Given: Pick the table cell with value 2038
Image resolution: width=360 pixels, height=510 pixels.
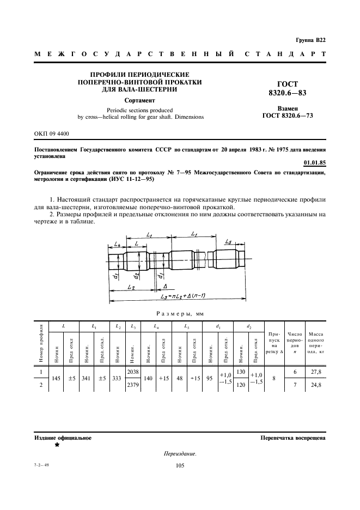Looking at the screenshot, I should pos(132,372).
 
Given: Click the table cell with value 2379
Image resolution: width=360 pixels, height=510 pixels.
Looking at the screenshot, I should pos(132,385).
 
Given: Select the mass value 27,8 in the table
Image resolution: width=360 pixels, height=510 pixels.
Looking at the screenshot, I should pos(313,372).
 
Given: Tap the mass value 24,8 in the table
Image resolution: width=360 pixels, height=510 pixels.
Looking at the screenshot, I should pos(313,385).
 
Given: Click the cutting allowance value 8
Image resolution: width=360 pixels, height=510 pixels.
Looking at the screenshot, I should pos(274,378).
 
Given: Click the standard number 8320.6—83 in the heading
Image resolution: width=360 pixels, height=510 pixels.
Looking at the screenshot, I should pos(288,93).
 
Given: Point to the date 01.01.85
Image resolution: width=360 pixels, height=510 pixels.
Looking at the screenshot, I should pos(315,163).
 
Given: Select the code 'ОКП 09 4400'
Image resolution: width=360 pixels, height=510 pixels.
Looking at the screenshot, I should pos(52,133).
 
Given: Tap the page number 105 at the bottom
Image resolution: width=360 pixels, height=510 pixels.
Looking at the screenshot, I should pos(181,465).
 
